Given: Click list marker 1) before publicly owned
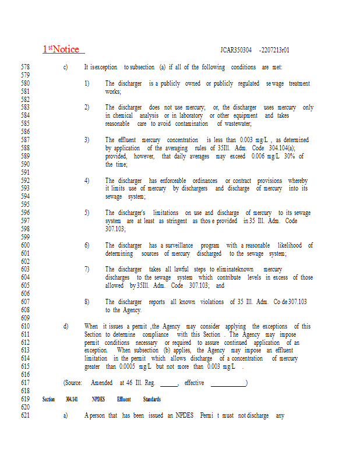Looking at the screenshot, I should coord(87,84).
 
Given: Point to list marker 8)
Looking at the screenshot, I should coord(87,302).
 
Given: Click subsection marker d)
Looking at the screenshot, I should coord(66,327).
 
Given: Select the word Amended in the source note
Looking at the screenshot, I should coord(102,383).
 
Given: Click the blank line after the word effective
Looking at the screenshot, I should coord(228,383).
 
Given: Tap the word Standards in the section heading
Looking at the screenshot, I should coord(151,400).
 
